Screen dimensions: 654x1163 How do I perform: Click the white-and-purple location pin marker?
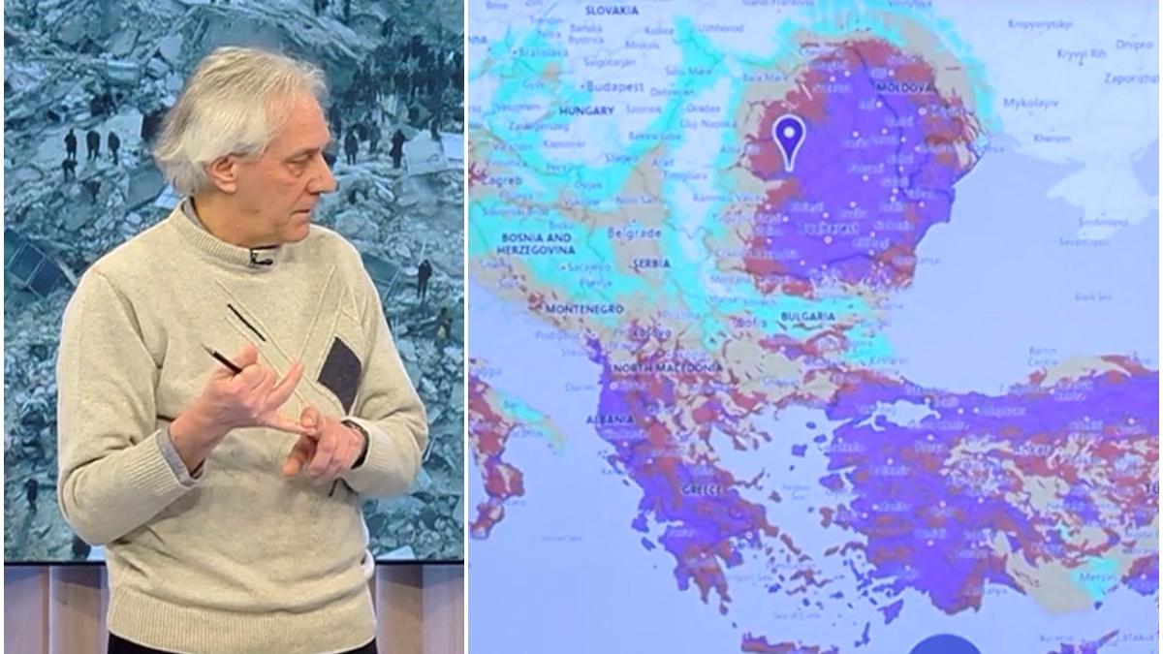(790, 139)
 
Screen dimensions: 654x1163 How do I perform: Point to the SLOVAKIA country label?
(611, 10)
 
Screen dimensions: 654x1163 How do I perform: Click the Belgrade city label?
(634, 233)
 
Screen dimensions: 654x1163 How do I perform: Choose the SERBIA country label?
(650, 263)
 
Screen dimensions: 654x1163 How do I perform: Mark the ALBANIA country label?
(608, 420)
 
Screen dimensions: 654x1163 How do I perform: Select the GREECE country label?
(705, 490)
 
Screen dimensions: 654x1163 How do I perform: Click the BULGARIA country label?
(806, 316)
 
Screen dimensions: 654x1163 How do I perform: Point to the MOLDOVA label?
(906, 87)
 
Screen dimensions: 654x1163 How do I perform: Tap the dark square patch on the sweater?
(340, 373)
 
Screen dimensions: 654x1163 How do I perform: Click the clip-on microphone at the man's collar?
(260, 257)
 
